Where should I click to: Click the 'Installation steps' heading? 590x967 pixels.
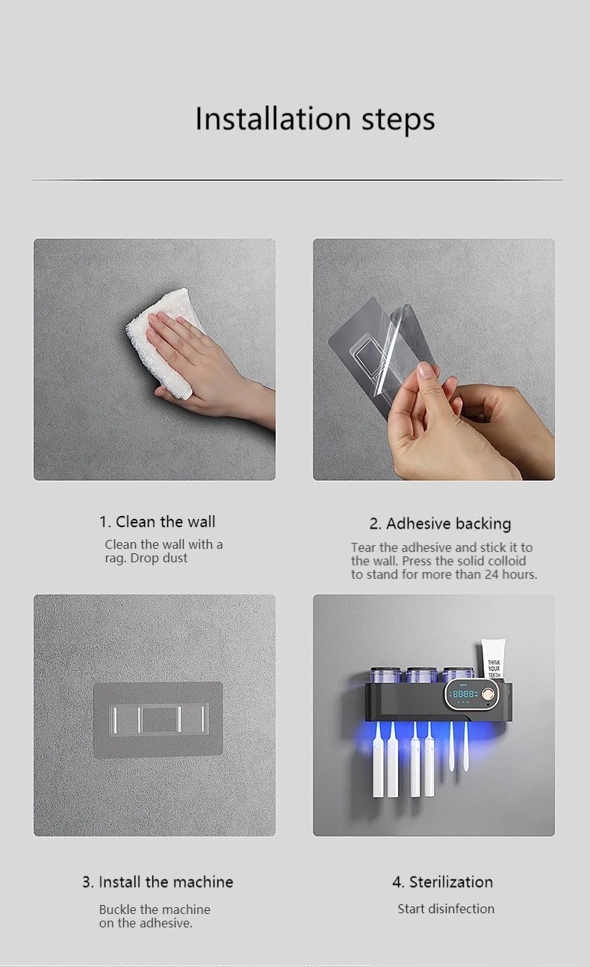pos(315,119)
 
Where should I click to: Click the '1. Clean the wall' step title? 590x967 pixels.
pos(158,522)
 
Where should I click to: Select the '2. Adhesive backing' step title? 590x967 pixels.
pos(440,524)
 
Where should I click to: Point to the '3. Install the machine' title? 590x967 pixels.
pos(158,882)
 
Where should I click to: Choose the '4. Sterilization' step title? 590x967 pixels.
pos(443,882)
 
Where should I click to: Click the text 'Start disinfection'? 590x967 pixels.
pos(446,909)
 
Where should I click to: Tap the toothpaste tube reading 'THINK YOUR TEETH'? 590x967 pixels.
pos(493,660)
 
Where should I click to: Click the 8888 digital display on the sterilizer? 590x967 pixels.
pos(464,694)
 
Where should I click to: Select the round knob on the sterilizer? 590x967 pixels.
pos(488,694)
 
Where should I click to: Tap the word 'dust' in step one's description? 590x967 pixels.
pos(175,559)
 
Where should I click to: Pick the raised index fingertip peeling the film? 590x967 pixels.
pos(426,370)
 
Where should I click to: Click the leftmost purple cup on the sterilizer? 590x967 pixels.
pos(385,675)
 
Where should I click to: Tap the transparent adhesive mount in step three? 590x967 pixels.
pos(158,720)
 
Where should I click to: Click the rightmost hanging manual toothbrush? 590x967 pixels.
pos(466,747)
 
